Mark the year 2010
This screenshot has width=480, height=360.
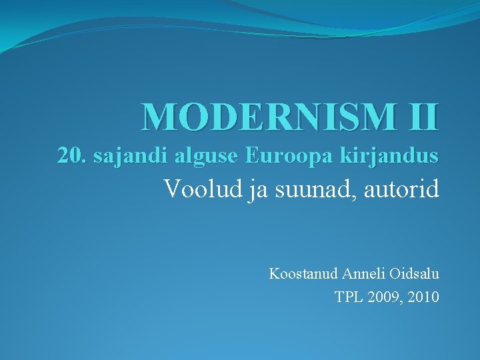[425, 297]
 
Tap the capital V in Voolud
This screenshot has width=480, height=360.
[172, 189]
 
